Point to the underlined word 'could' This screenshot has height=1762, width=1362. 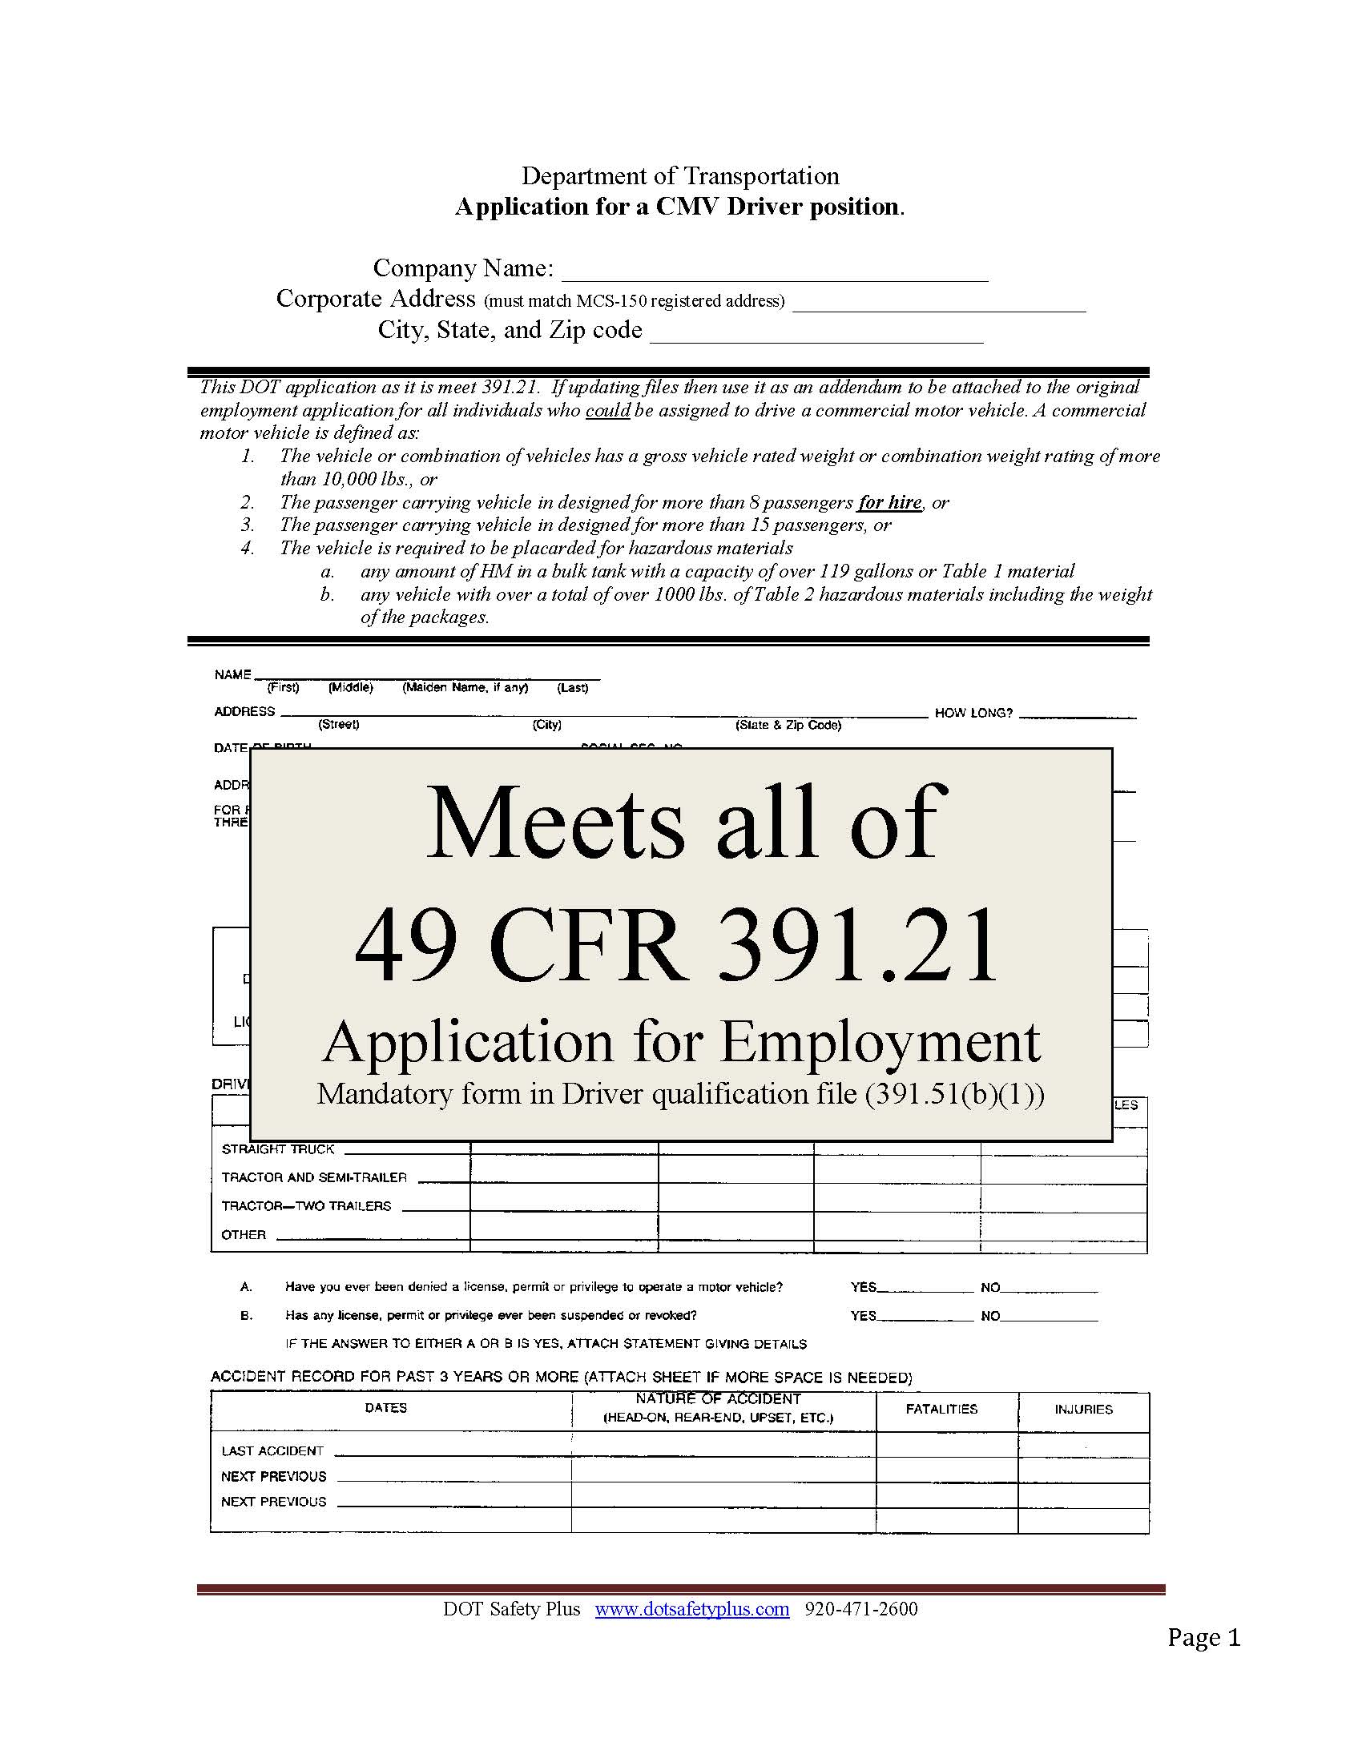click(x=607, y=410)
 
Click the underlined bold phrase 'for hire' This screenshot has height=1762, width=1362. click(x=889, y=502)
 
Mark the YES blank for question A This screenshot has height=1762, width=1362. click(x=925, y=1288)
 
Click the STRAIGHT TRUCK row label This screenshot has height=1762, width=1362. click(x=277, y=1149)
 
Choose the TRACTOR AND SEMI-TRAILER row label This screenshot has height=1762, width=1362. click(x=314, y=1177)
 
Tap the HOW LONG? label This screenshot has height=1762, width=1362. click(x=973, y=713)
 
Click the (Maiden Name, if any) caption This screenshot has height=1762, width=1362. click(x=465, y=687)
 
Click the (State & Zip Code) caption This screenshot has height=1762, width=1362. click(x=788, y=725)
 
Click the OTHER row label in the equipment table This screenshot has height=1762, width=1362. click(x=244, y=1234)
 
